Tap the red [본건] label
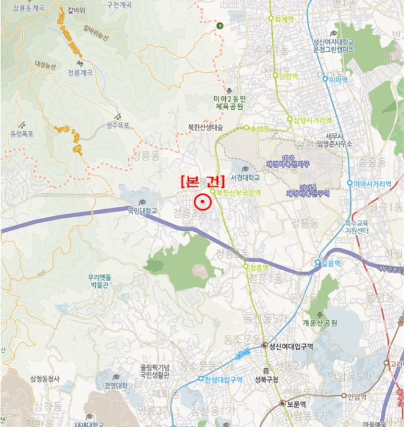tap(202, 181)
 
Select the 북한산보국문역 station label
tap(238, 192)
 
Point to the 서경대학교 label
tap(245, 178)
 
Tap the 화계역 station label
tap(286, 19)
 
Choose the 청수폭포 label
tap(118, 125)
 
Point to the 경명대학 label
tap(115, 386)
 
